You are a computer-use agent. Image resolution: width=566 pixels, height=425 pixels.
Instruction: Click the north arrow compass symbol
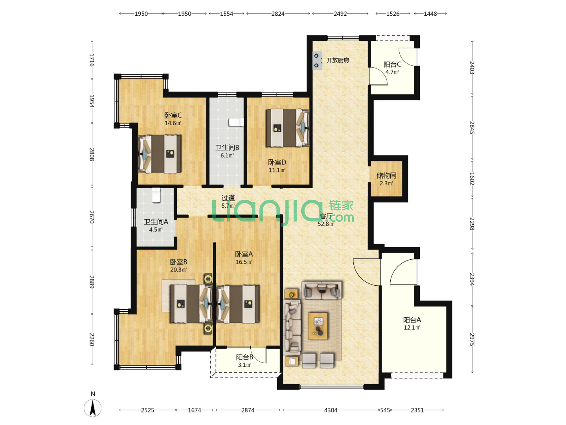coord(93,407)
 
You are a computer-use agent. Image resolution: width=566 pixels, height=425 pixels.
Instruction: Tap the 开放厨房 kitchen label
coord(338,60)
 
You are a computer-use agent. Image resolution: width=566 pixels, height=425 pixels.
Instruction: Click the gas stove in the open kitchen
coord(317,61)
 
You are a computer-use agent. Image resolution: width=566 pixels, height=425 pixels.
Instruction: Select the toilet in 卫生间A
coord(156,195)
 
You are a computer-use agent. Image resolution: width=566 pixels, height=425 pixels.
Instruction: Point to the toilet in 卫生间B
coord(236,122)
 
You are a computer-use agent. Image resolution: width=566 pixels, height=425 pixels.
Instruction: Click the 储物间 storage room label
coord(386,176)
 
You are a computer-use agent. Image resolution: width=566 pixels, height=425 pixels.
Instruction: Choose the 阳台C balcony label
coord(392,64)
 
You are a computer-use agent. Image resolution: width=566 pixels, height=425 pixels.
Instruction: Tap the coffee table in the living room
coord(318,326)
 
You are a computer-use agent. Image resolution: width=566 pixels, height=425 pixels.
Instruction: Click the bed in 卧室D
coord(287,128)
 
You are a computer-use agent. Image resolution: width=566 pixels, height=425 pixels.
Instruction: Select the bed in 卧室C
coord(160,154)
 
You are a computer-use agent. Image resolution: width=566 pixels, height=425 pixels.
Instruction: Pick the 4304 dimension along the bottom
coord(331,410)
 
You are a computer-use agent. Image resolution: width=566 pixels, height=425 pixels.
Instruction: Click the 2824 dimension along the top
coord(278,14)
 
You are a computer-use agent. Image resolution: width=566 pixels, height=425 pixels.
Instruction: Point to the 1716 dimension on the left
coord(92,60)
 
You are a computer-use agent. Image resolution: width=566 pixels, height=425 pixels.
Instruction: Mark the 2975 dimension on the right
coord(472,340)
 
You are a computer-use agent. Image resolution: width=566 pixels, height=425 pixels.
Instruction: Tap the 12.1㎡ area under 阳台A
coord(412,328)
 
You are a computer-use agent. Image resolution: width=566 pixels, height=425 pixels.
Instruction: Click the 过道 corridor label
coord(228,198)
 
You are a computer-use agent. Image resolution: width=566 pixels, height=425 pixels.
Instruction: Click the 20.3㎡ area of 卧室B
coord(178,270)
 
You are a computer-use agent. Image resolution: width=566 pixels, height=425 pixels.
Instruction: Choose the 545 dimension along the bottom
coord(385,410)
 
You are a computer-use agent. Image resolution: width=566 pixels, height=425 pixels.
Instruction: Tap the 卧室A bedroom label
coord(244,254)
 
